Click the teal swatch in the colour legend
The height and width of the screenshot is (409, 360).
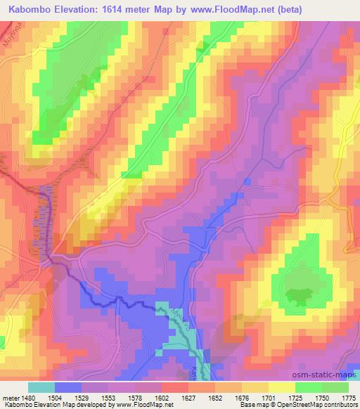[41, 387]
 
